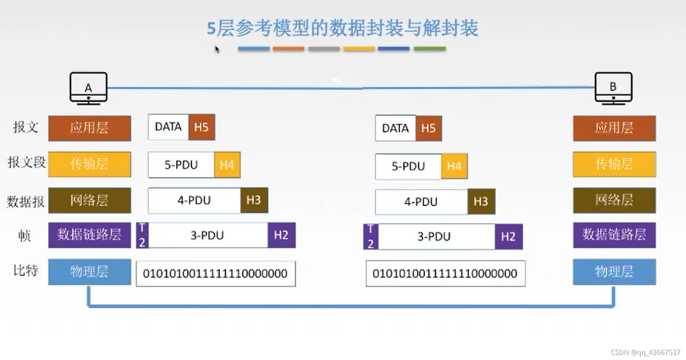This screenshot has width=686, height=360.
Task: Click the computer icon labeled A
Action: (89, 88)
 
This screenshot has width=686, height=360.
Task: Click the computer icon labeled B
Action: (613, 88)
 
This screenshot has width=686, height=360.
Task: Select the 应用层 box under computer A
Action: (90, 128)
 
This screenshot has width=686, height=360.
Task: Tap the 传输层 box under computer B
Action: (614, 164)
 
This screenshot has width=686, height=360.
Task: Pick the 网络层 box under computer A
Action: (90, 200)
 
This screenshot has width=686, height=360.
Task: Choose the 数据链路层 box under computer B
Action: (614, 235)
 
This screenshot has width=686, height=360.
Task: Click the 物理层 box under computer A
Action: (90, 272)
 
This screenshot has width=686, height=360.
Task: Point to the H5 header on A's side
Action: (202, 127)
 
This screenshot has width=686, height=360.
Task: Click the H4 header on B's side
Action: (454, 166)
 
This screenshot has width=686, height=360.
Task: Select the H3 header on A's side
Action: (254, 200)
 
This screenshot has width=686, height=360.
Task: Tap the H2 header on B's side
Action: (508, 237)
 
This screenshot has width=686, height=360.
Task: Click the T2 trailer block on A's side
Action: (142, 235)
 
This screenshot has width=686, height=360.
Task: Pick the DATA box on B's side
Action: (396, 128)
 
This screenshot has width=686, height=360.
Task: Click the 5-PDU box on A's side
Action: (181, 165)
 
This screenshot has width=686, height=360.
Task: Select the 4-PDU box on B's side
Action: (421, 202)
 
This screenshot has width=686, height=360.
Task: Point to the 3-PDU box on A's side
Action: (208, 235)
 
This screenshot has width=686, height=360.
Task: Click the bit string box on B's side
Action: (445, 274)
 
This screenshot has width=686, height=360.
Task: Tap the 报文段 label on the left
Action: (26, 163)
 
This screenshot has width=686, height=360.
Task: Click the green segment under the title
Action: (430, 48)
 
